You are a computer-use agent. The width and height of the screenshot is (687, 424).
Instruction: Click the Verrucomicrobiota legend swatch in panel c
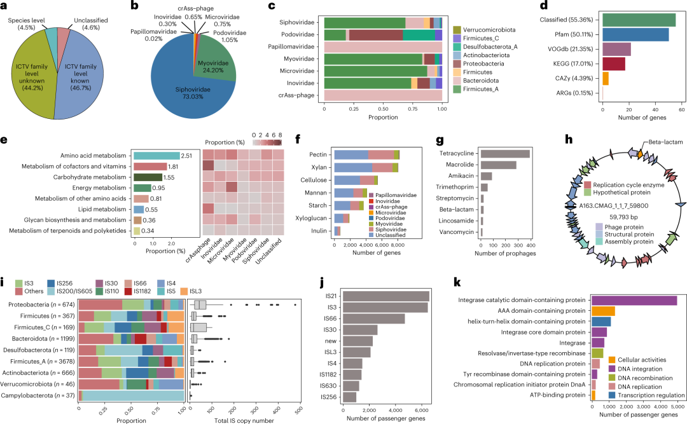[457, 30]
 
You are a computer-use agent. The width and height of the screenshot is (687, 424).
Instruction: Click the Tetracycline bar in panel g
[505, 154]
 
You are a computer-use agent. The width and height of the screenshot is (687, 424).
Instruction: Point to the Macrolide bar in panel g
[498, 165]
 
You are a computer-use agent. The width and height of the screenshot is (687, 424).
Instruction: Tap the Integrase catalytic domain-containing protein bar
[634, 301]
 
